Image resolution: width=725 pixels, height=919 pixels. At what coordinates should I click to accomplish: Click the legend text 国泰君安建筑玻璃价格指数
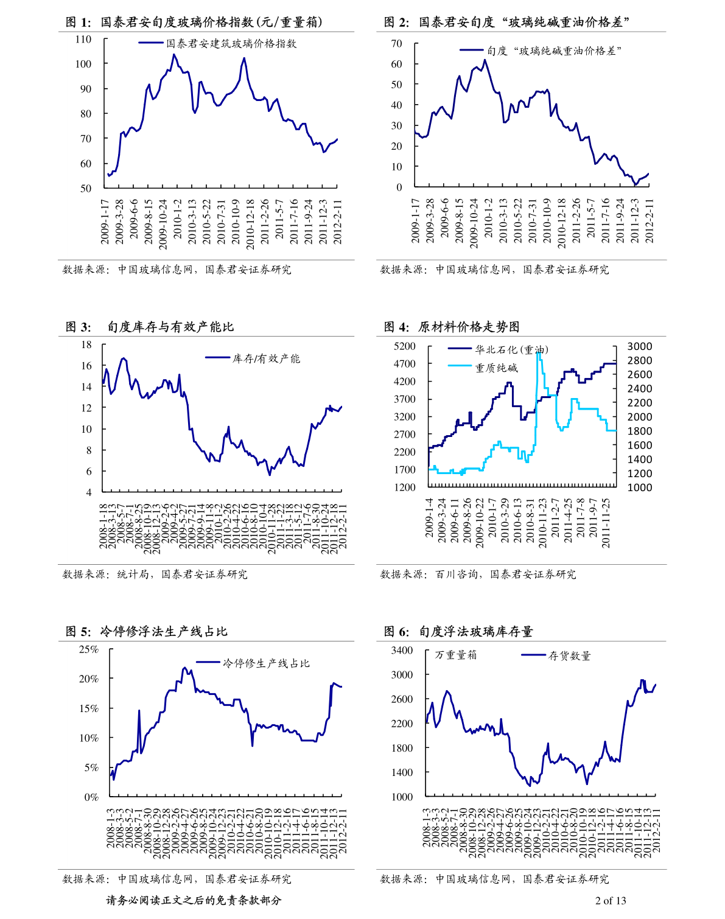coord(231,44)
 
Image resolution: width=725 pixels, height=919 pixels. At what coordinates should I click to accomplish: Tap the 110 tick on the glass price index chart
coord(83,40)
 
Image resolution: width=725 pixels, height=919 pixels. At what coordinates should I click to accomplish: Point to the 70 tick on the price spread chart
coord(396,44)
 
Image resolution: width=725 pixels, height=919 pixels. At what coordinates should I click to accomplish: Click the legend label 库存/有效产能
coord(266,358)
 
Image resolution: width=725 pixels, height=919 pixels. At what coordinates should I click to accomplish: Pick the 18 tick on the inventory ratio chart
coord(86,344)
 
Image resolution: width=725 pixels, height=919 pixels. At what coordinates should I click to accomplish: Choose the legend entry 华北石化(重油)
coord(511,350)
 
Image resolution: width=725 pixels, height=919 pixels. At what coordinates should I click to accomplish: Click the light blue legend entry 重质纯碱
coord(496,368)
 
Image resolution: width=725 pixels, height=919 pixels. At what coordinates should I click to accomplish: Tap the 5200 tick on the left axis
coord(405,346)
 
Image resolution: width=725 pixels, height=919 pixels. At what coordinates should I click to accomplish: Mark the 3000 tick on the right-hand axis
coord(639,346)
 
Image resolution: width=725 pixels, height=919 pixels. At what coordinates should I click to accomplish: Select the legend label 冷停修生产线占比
coord(266,663)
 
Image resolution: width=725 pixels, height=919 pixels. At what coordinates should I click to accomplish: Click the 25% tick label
coord(89,649)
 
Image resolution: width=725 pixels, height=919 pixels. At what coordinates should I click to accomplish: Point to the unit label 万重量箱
coord(456,655)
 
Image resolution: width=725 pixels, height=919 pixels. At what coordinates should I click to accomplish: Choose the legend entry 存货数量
coord(570,655)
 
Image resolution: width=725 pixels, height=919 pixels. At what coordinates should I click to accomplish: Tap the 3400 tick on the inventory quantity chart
coord(402,651)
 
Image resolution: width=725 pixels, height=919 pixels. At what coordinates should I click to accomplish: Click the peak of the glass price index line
coord(173,54)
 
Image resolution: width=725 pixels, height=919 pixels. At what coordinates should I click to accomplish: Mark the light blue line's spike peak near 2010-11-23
coord(538,352)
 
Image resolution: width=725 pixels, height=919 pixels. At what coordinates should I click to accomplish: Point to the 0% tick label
coord(91,797)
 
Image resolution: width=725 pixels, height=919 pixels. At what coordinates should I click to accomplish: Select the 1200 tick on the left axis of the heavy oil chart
coord(405,487)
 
